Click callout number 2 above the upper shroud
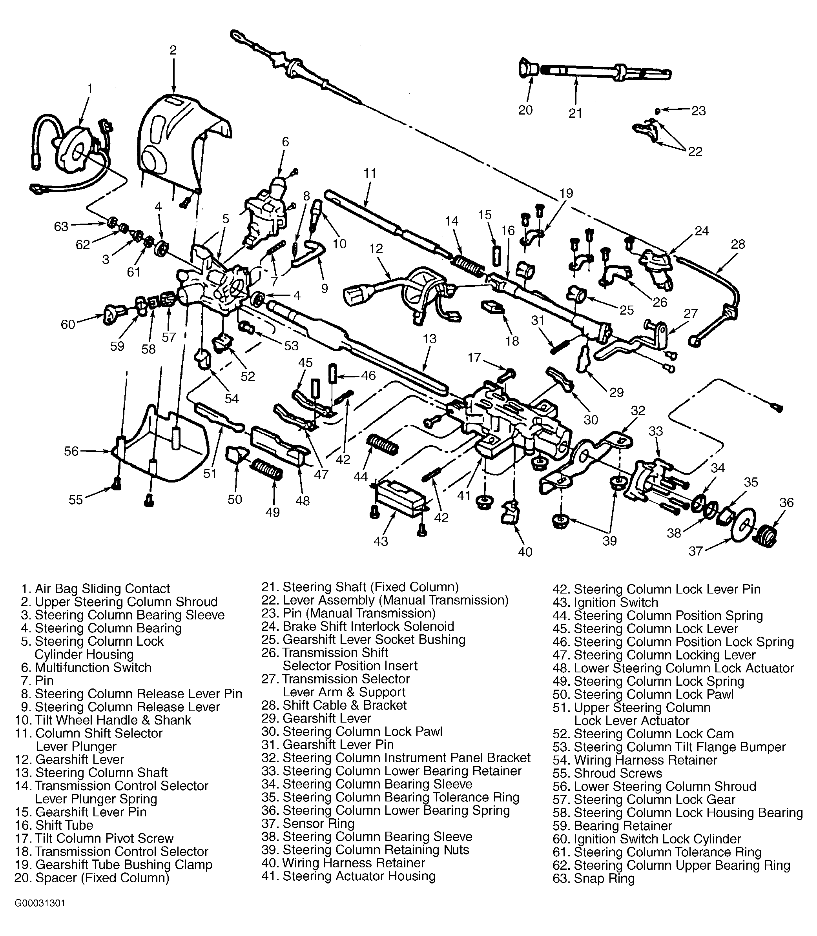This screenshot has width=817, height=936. [173, 50]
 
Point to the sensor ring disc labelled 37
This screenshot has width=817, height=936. [743, 527]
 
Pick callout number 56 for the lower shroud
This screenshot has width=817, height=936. [71, 451]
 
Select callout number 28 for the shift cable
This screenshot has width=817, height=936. [738, 244]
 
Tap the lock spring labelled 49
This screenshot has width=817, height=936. [267, 469]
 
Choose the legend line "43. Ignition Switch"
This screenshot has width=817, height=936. [605, 603]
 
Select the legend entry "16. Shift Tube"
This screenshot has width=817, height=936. [54, 825]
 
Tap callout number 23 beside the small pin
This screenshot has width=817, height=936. [698, 111]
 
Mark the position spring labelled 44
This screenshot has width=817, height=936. [383, 444]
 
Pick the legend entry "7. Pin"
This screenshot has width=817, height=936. [37, 680]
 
